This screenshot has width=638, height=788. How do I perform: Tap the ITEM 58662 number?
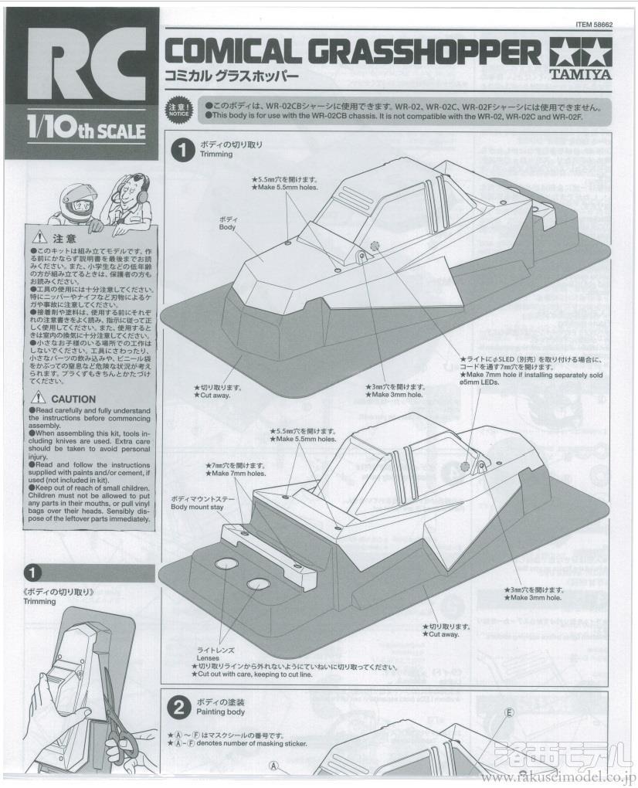click(x=594, y=24)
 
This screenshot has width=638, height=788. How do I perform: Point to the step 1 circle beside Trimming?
click(x=182, y=150)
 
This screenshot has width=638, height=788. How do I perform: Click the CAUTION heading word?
click(x=73, y=399)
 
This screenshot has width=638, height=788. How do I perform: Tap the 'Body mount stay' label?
click(x=196, y=508)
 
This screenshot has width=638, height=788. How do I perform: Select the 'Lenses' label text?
click(x=209, y=658)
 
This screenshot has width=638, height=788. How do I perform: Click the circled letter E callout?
click(x=509, y=712)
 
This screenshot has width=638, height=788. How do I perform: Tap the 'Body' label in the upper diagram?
click(x=227, y=227)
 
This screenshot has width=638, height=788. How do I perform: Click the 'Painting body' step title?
click(x=222, y=712)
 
